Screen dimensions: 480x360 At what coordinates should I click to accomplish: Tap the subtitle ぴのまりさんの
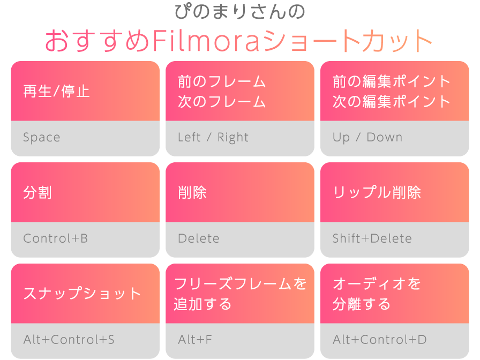(239, 12)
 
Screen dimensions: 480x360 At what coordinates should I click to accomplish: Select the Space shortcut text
(42, 138)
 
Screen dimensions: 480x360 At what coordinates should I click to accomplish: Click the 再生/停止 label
(56, 91)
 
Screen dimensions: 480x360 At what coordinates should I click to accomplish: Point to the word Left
(189, 137)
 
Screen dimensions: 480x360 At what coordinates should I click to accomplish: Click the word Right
(233, 138)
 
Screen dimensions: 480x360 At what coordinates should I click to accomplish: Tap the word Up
(341, 138)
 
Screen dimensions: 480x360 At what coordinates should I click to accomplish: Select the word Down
(385, 137)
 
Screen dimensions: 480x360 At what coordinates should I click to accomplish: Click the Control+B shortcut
(55, 238)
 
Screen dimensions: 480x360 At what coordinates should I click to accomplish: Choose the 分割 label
(37, 192)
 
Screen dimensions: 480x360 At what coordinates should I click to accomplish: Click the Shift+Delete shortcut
(372, 238)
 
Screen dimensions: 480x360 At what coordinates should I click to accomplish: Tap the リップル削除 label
(377, 192)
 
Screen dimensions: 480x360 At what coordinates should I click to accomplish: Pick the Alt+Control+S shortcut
(69, 340)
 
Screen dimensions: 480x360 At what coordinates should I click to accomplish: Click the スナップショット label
(82, 294)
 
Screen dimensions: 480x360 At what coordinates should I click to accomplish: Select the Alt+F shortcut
(195, 340)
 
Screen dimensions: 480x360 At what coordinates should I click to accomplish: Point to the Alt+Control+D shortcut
(380, 340)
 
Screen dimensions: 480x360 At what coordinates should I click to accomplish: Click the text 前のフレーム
(222, 81)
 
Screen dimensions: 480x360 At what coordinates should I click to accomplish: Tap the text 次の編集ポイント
(392, 102)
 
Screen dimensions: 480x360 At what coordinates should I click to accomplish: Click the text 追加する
(202, 304)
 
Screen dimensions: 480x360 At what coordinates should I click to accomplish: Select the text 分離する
(362, 304)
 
